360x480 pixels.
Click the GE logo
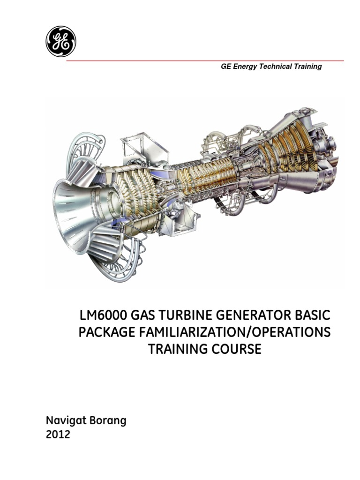(x=61, y=41)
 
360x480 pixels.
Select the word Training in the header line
(x=307, y=67)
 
